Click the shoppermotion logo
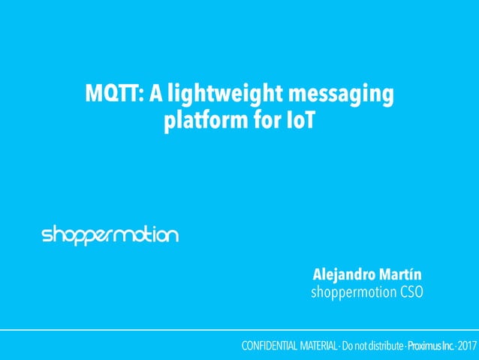coord(110,235)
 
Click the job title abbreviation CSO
coord(408,291)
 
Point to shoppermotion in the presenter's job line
coord(349,291)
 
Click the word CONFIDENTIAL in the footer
coord(269,346)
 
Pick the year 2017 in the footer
coord(466,346)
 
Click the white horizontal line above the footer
coord(239,330)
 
